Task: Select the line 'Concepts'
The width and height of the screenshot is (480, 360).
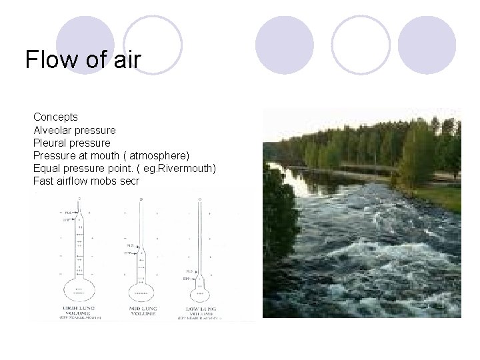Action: pyautogui.click(x=55, y=117)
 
